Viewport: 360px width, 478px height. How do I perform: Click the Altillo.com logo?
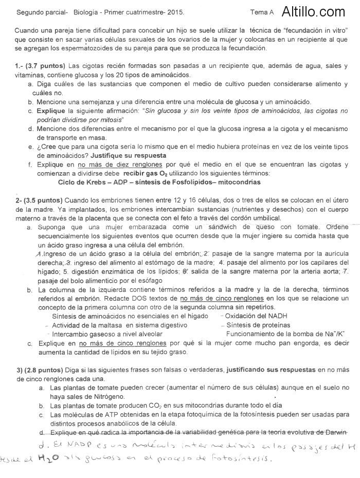[314, 11]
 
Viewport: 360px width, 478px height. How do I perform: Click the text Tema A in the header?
[262, 12]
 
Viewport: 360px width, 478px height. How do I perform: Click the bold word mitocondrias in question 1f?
[240, 182]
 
